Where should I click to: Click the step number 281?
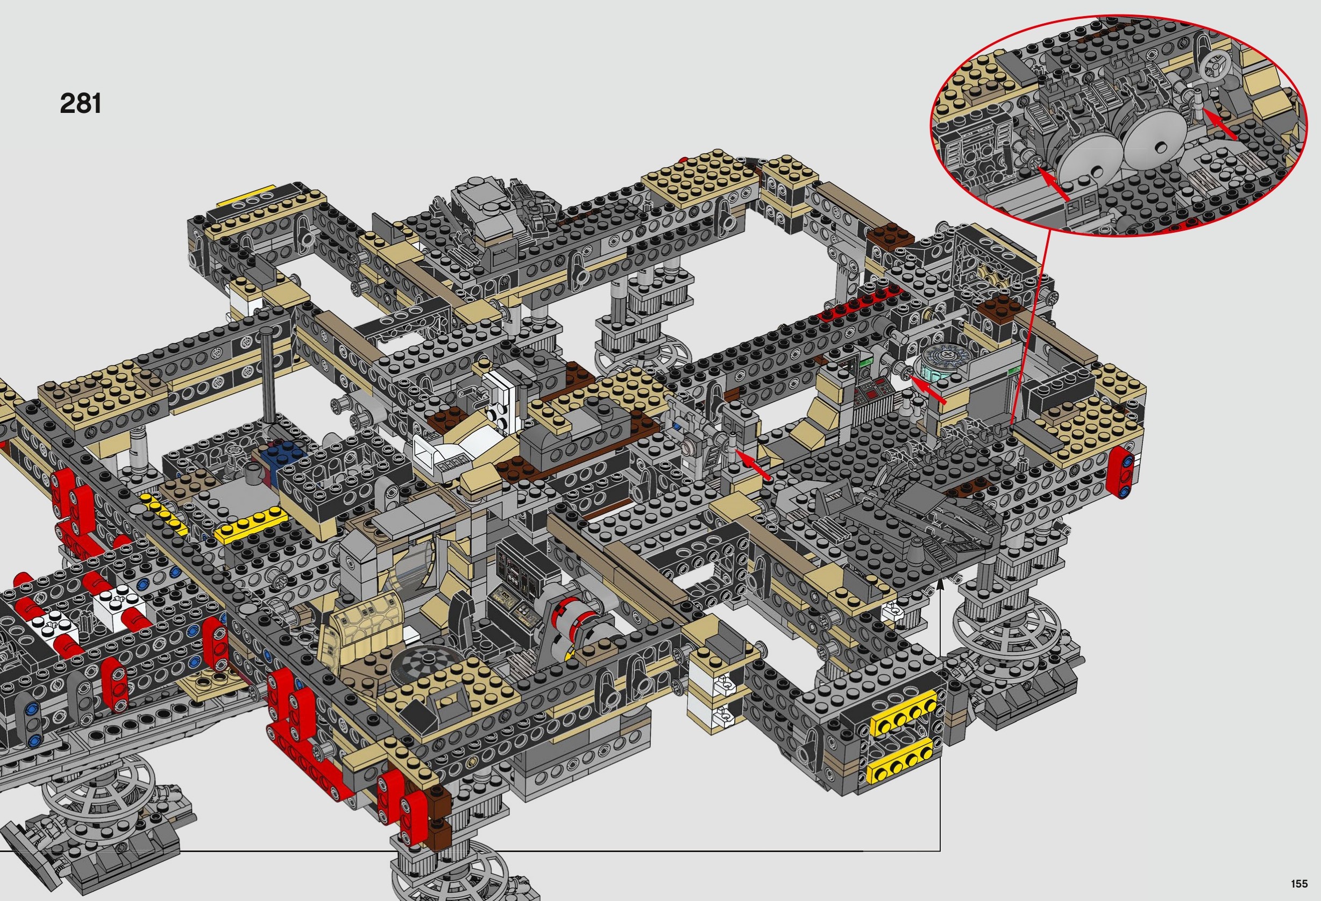pos(80,103)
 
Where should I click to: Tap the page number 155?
pos(1299,883)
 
